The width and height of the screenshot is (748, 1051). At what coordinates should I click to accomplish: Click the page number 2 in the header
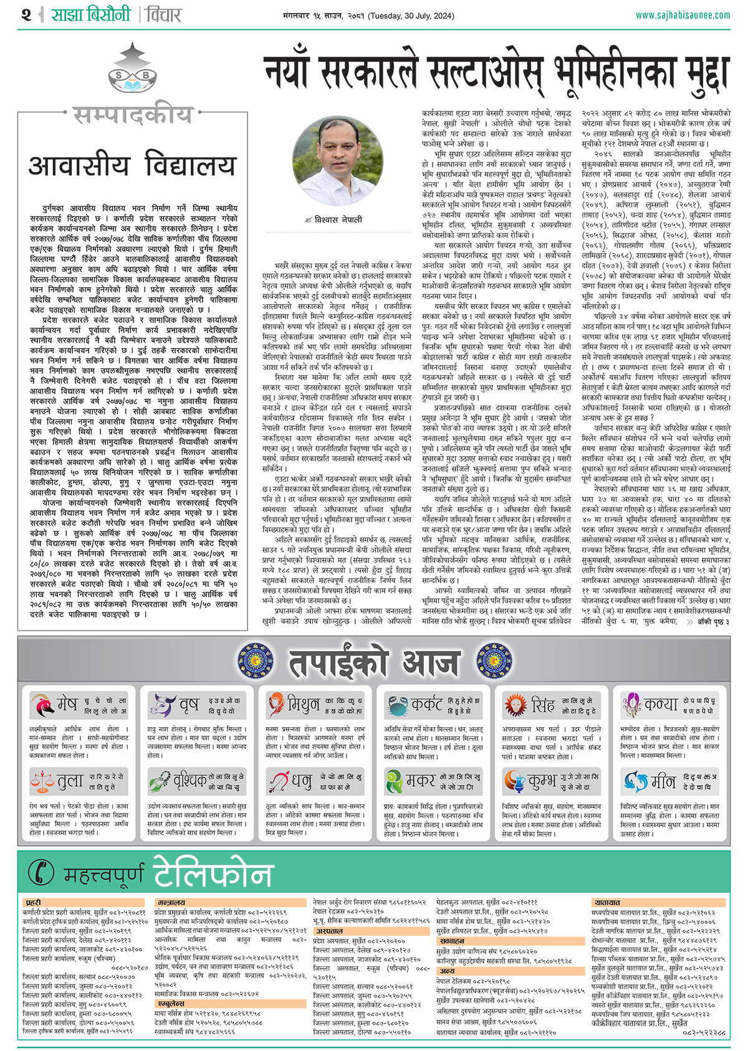26,14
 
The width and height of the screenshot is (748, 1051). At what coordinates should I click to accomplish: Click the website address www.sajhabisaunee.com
683,15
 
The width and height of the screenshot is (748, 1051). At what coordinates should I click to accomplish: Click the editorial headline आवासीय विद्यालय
132,166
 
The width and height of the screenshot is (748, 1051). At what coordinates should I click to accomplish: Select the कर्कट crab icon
396,705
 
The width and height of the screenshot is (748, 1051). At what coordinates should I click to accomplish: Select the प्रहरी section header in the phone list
33,902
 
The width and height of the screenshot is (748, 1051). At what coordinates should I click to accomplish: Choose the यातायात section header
607,902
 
